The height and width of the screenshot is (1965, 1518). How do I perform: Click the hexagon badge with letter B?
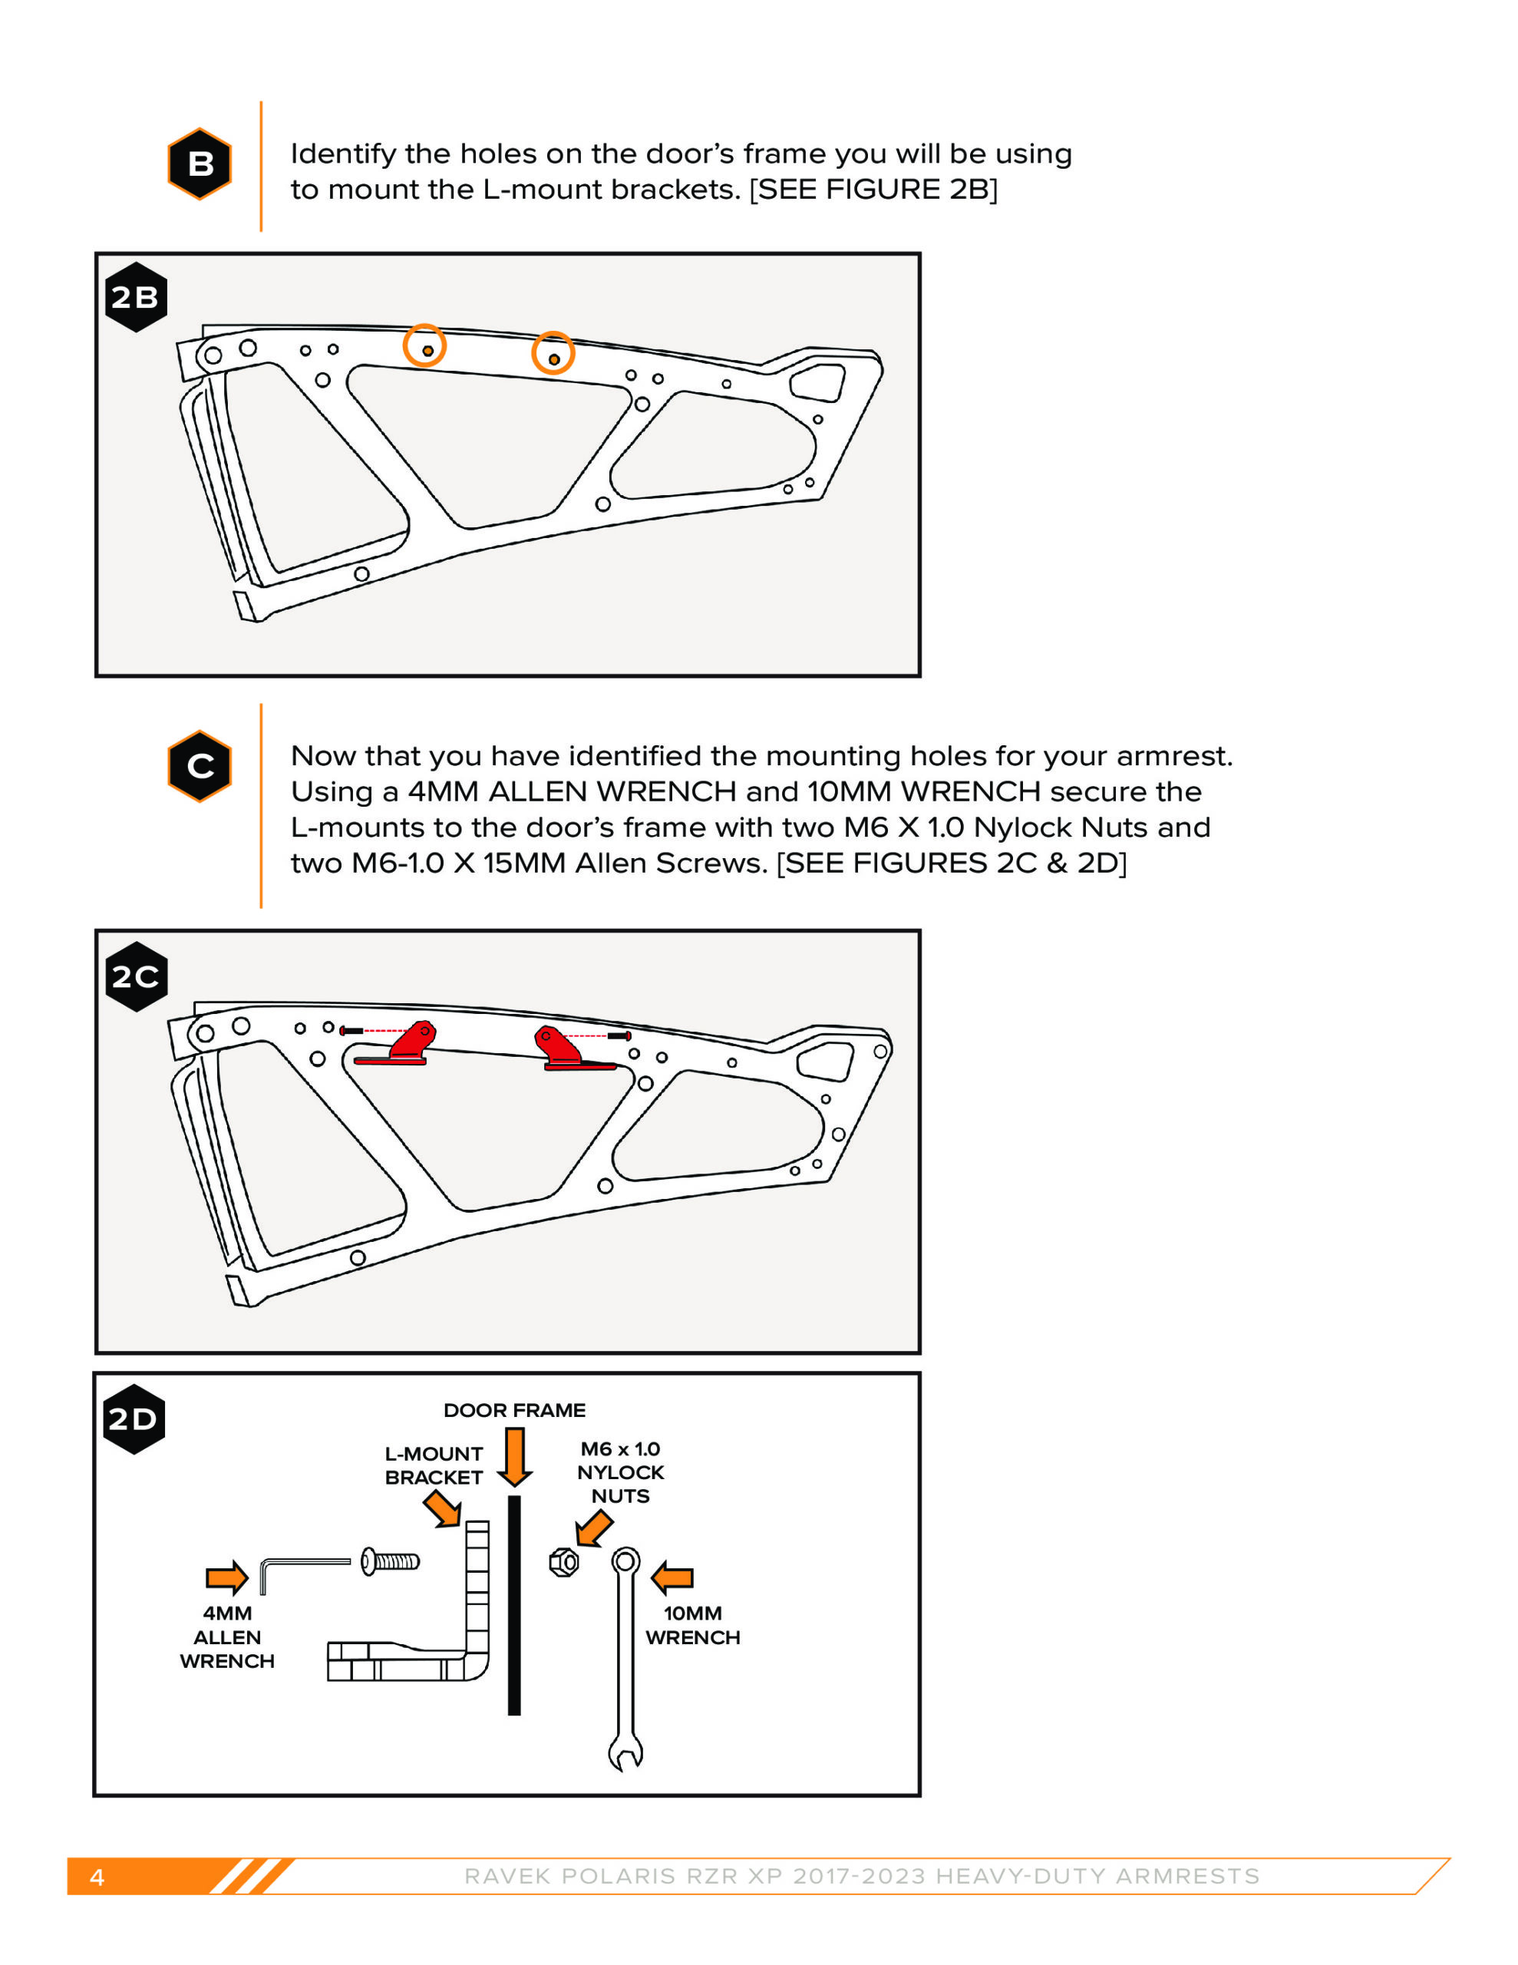200,163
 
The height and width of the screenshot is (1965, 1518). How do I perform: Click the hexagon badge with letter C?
200,766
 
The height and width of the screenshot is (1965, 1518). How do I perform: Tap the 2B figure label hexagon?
136,297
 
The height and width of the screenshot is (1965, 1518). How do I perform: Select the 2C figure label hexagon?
136,976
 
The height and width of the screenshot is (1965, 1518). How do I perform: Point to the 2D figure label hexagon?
134,1418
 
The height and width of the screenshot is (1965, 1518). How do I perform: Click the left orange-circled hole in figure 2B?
424,346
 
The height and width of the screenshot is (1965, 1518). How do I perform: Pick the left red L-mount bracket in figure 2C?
402,1045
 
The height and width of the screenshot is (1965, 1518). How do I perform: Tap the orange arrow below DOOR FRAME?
515,1458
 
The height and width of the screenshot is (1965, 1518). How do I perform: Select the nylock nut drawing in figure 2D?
564,1562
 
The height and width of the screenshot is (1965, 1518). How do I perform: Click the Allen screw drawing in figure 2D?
389,1561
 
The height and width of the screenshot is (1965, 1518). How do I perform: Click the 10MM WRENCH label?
692,1625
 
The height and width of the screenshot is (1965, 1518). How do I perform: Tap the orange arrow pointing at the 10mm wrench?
672,1577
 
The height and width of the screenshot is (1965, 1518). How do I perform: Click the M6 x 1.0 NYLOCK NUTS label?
620,1472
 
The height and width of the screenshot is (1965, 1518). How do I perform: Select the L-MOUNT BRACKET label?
434,1465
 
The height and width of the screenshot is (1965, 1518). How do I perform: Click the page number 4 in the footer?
97,1877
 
